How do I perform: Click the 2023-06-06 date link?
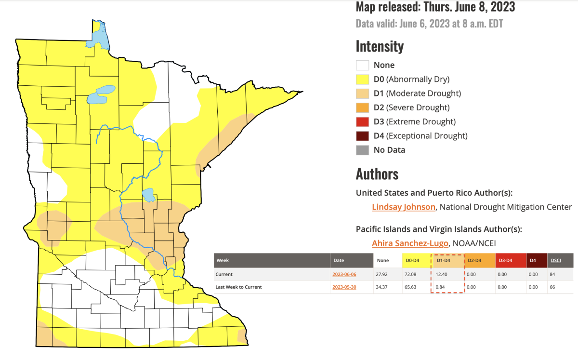tap(344, 274)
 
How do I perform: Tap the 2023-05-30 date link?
tap(344, 287)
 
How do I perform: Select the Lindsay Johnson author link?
tap(404, 207)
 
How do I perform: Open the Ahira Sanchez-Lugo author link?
tap(410, 243)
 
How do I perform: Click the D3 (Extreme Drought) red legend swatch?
tap(362, 121)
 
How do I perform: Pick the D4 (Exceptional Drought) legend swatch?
tap(362, 136)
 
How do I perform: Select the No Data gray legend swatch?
tap(362, 150)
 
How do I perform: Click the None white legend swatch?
tap(362, 65)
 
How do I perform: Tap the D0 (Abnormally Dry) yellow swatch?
tap(362, 79)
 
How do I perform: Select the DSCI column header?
tap(555, 260)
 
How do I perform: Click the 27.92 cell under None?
tap(383, 274)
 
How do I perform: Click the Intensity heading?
tap(380, 46)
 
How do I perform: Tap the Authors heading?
tap(377, 173)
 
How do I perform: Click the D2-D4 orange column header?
tap(474, 260)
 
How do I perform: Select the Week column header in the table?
tap(223, 260)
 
